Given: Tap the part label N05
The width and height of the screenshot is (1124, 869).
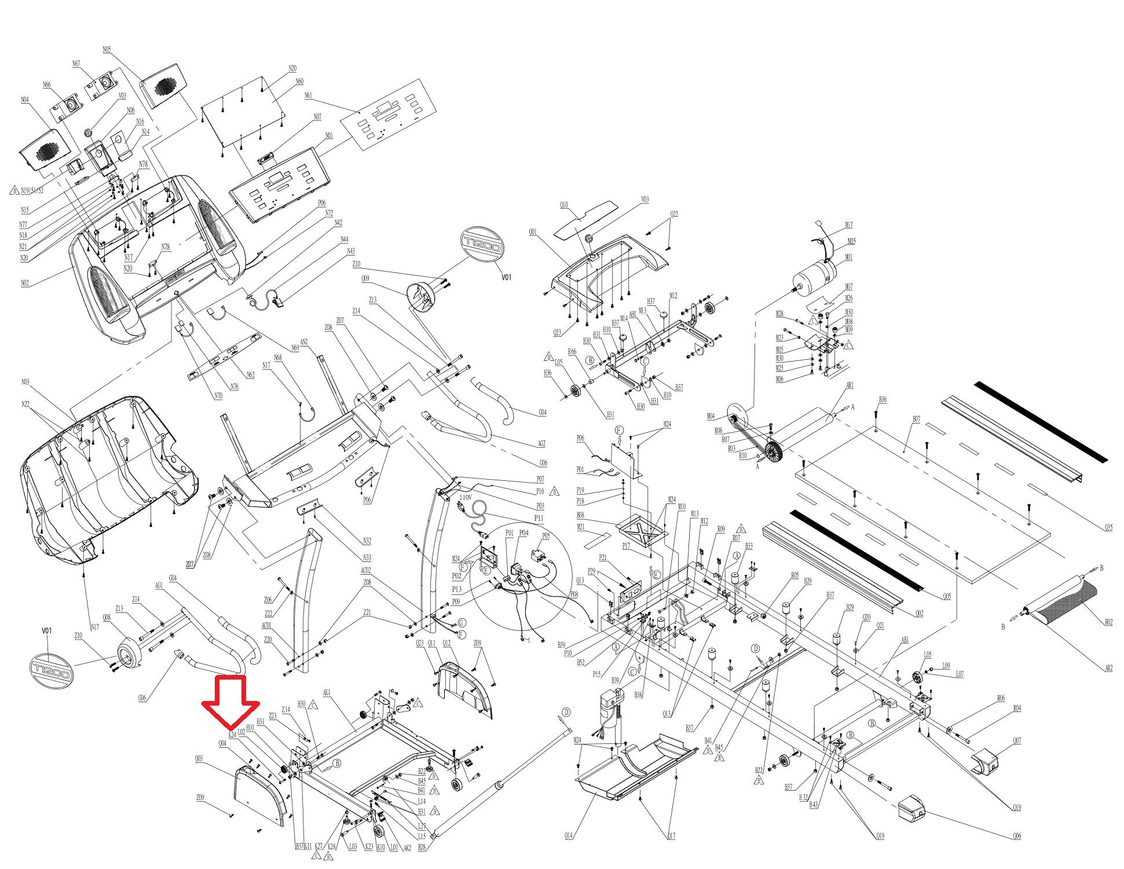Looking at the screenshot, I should click(107, 50).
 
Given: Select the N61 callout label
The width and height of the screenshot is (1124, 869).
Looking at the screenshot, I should click(307, 95).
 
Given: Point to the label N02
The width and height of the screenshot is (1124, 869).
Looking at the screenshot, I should click(25, 283).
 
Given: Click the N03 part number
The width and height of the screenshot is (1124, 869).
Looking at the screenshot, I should click(25, 382).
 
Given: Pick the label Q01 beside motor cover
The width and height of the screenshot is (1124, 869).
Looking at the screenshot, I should click(532, 232).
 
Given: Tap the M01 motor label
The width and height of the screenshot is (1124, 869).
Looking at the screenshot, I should click(848, 257).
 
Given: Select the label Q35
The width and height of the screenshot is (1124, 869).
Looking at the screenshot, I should click(1108, 527).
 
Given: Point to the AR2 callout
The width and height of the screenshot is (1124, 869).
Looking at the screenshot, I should click(1108, 668).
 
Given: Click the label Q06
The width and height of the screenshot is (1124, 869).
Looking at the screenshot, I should click(1017, 836).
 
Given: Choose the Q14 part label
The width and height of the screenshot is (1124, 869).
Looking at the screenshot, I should click(569, 835).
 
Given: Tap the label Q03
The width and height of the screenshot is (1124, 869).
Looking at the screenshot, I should click(199, 758).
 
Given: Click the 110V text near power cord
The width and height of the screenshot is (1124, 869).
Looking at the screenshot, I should click(466, 497).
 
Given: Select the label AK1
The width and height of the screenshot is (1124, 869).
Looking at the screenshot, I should click(327, 693).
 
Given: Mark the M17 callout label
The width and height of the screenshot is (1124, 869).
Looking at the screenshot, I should click(848, 225).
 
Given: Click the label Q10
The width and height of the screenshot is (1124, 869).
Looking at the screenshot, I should click(563, 205).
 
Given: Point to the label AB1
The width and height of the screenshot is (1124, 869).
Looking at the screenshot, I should click(905, 640).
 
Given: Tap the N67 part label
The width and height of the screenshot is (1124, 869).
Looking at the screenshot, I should click(76, 64).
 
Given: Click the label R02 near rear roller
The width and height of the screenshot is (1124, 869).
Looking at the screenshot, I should click(1108, 622).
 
